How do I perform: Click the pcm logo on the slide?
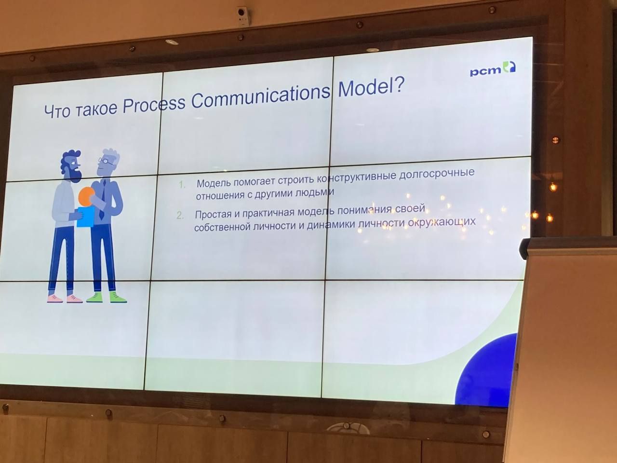(x=493, y=69)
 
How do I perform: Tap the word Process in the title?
(x=154, y=105)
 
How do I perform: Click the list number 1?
(x=182, y=185)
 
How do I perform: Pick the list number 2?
(x=180, y=216)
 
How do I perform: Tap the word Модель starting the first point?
(x=214, y=183)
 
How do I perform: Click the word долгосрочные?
(x=437, y=174)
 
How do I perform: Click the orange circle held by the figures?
(x=86, y=196)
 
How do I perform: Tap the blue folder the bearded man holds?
(x=85, y=217)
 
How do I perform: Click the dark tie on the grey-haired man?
(x=102, y=200)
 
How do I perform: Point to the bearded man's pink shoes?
(x=65, y=299)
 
